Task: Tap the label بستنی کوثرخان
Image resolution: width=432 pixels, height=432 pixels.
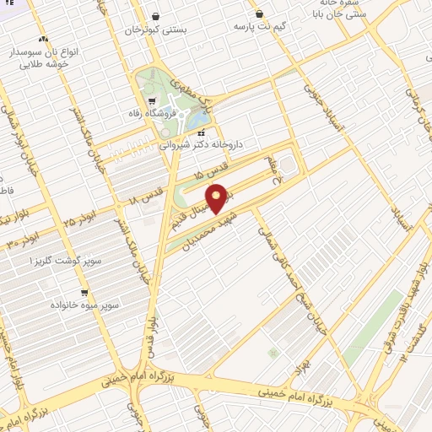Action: click(155, 30)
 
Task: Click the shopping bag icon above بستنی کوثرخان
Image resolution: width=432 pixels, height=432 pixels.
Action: click(155, 16)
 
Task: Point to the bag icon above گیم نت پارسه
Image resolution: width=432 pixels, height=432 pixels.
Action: click(258, 13)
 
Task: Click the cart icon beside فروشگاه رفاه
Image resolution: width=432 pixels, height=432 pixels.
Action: click(152, 102)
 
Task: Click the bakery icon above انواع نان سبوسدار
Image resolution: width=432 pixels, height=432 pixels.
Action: click(43, 39)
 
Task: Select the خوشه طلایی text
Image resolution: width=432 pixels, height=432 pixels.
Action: click(41, 64)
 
